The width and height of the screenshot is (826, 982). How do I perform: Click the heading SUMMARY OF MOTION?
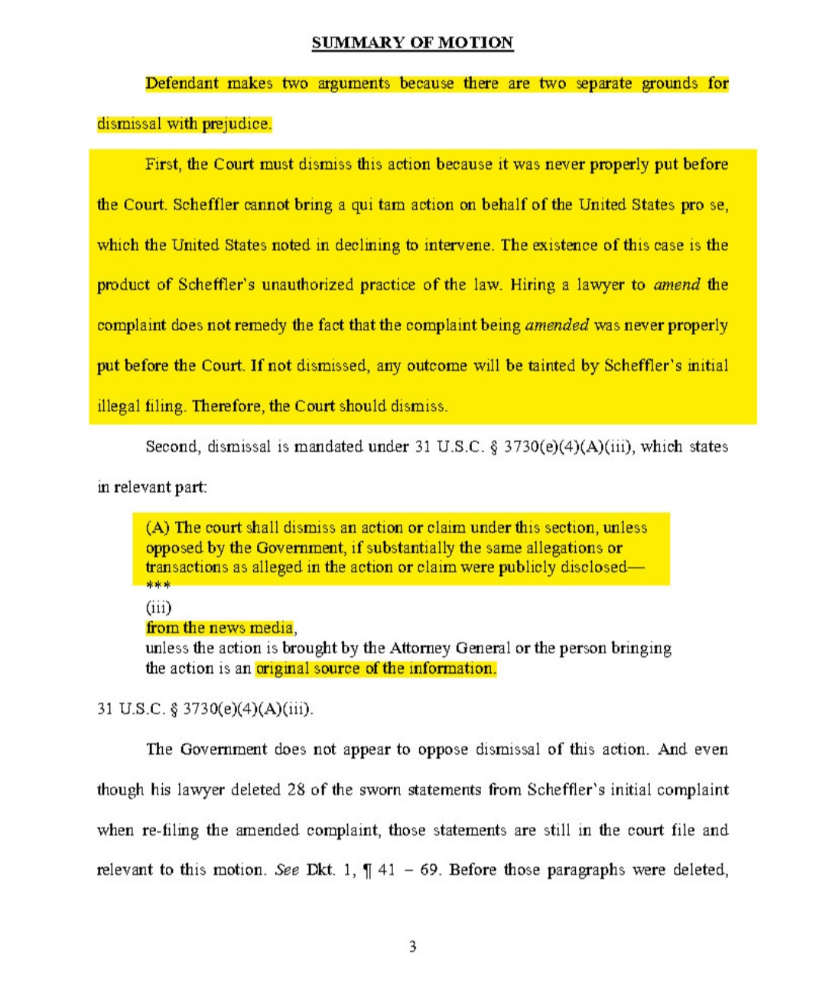pos(412,43)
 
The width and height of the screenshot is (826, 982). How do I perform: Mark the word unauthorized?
pos(308,285)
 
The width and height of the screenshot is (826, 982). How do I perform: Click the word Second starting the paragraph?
pos(172,447)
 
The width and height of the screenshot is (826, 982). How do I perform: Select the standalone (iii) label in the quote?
pos(158,608)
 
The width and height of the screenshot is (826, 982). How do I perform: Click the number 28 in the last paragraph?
pos(297,790)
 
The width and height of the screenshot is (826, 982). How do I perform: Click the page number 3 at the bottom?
pos(413,948)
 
